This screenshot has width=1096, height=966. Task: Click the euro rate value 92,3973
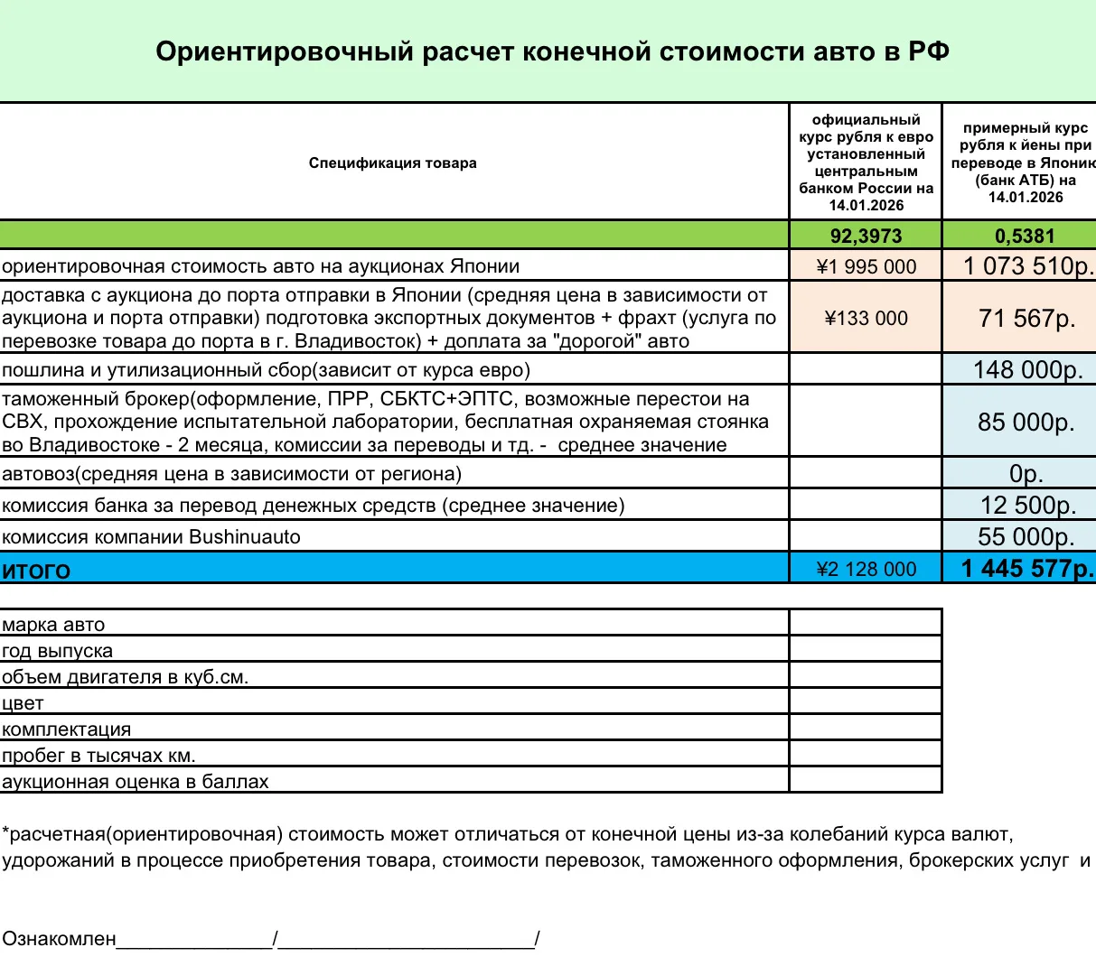866,236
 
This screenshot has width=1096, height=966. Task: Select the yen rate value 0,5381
1025,236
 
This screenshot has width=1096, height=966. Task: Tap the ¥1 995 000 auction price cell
866,266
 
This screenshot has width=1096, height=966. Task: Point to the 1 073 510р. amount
1027,266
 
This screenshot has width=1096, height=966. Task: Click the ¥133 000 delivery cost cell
866,318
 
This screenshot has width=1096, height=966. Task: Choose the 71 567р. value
1027,318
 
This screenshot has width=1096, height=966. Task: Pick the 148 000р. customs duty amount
1027,369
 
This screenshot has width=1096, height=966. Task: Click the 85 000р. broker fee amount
1026,422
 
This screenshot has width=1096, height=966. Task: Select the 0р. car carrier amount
1027,474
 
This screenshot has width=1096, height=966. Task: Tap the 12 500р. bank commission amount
1027,506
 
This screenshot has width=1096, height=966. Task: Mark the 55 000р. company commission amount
1026,537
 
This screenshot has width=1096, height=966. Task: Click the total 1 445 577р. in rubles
1027,569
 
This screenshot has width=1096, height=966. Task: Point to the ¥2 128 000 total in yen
866,569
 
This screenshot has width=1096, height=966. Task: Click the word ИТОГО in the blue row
36,571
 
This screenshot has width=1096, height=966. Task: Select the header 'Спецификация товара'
392,163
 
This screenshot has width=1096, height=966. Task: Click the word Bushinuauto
244,537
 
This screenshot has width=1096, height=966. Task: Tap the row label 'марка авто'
53,625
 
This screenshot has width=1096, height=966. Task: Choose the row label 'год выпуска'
57,651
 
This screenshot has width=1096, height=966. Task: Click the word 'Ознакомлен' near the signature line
59,939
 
